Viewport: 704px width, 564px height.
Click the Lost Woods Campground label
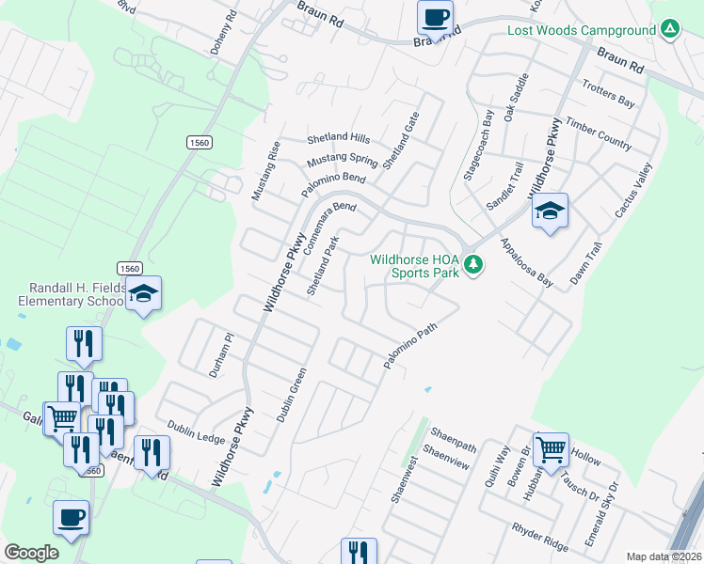(581, 30)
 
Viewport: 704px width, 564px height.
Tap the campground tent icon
(668, 30)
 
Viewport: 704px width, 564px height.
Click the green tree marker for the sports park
(474, 266)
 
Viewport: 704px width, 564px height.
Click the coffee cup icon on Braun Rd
(435, 17)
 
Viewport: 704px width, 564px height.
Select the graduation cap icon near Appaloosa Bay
(551, 211)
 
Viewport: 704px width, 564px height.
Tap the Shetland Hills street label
(338, 137)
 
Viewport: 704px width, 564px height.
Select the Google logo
(32, 552)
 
